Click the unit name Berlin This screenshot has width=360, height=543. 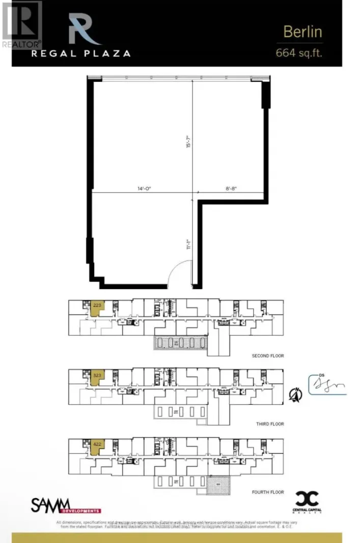[302, 32]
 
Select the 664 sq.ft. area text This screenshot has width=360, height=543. [299, 52]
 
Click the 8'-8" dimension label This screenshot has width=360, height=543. [231, 188]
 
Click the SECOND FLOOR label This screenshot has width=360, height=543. [268, 356]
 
